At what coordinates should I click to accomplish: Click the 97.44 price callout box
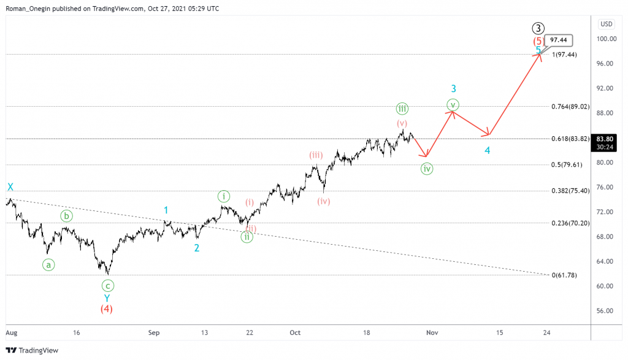click(558, 40)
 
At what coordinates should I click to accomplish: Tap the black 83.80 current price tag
click(605, 139)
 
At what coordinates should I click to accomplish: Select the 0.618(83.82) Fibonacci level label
click(570, 139)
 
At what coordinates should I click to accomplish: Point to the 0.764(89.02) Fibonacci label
click(570, 106)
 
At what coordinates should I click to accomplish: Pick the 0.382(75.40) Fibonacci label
click(570, 191)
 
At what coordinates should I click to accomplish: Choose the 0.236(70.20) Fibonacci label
click(570, 223)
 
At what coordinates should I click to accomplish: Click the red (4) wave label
click(107, 308)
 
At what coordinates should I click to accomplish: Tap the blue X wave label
click(10, 187)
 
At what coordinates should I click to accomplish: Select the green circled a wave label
click(48, 265)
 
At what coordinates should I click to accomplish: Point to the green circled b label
click(66, 215)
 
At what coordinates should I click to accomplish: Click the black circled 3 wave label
click(538, 28)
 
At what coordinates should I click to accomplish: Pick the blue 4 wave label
click(487, 150)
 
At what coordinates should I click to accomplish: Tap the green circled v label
click(453, 105)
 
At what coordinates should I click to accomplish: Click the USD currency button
click(606, 24)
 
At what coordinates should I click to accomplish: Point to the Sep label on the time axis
click(154, 332)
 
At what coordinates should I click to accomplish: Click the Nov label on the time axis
click(432, 332)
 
